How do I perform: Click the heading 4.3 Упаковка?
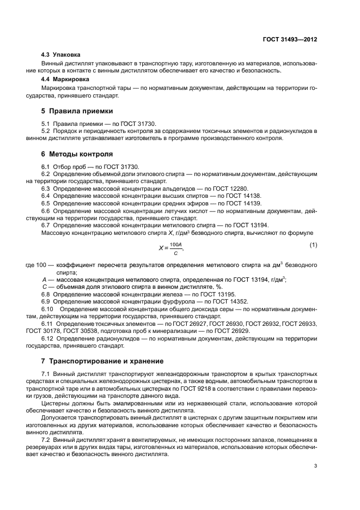(x=61, y=55)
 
